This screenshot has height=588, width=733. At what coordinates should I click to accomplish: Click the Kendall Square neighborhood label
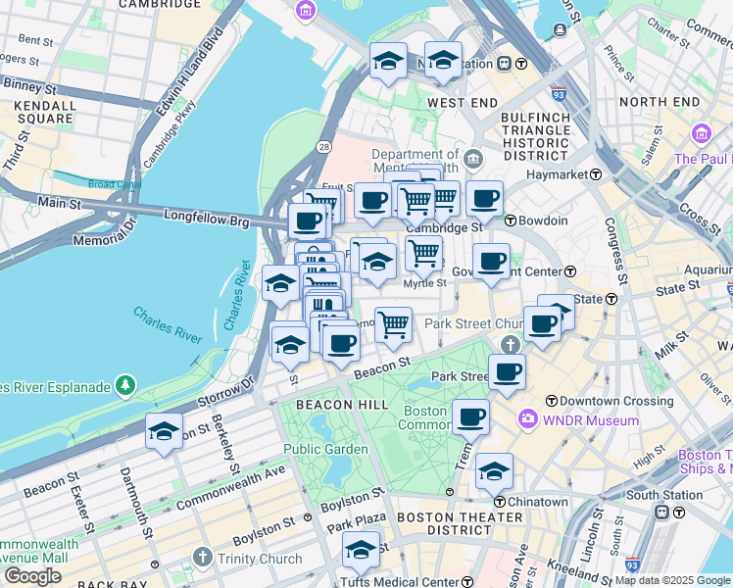point(39,112)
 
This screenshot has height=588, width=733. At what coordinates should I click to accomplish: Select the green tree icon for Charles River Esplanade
point(125,385)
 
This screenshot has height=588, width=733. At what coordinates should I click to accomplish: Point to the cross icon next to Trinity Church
point(203,559)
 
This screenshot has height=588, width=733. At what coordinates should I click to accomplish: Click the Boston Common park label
point(424,417)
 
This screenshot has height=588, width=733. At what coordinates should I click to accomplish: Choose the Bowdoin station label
point(536,220)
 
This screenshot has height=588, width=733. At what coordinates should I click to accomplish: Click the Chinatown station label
point(535,502)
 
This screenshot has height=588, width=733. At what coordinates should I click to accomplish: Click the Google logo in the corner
point(32,576)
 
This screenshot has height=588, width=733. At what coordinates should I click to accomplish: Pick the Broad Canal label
point(115,183)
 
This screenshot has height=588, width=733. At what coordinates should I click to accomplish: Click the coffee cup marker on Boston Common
point(470,416)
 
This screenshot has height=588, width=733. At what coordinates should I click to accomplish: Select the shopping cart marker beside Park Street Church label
point(393,324)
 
